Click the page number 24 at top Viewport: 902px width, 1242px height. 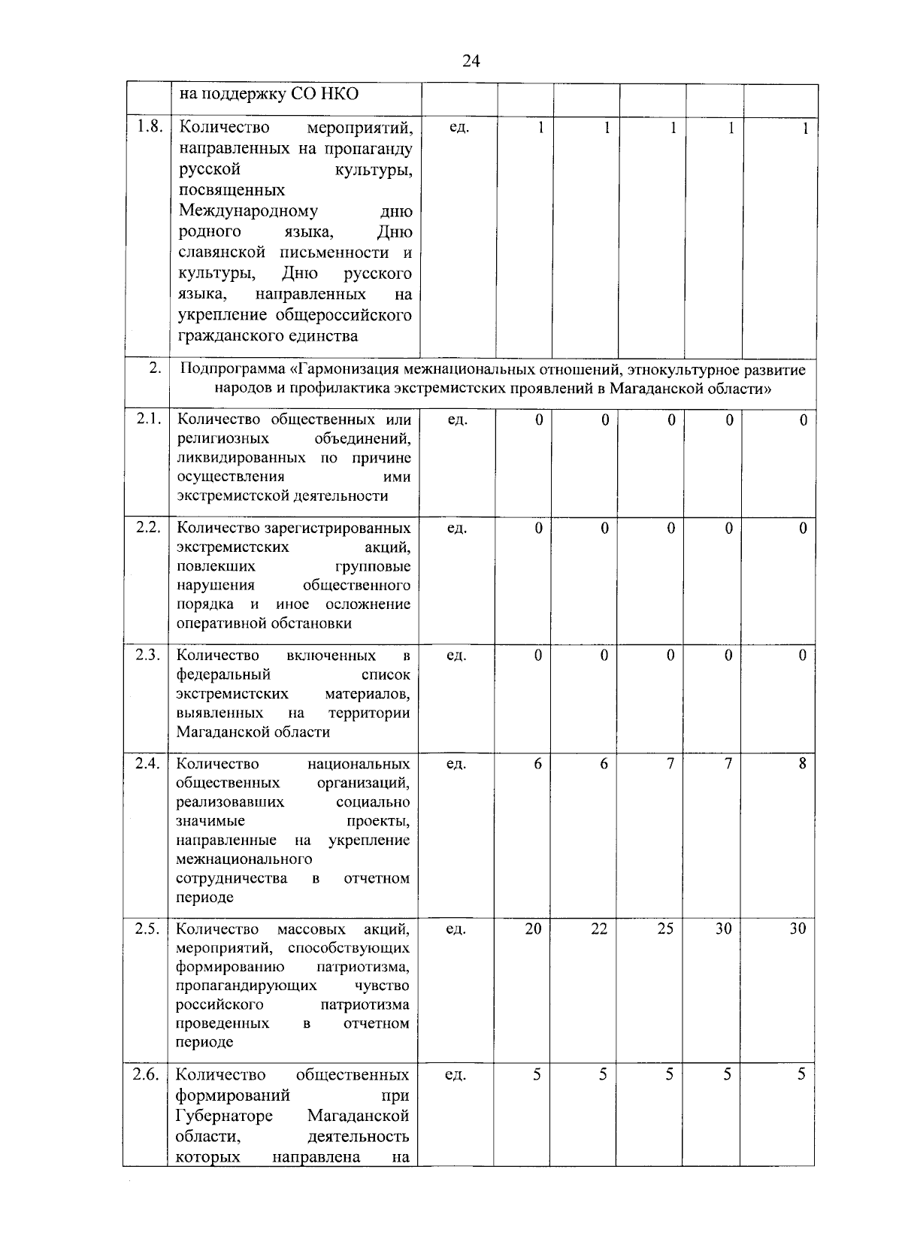coord(471,61)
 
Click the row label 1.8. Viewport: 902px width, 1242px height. coord(149,127)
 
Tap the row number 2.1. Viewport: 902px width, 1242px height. coord(149,420)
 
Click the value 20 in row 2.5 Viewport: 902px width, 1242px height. coord(533,928)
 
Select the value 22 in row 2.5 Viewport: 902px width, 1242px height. coord(599,928)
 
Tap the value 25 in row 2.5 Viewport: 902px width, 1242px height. coord(665,928)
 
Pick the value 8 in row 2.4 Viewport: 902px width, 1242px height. coord(803,763)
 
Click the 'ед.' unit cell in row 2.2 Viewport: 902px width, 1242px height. coord(457,529)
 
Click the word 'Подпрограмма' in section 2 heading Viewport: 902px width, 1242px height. coord(235,370)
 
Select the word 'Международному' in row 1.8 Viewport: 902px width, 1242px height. coord(248,211)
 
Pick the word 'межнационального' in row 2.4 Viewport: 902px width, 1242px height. coord(244,859)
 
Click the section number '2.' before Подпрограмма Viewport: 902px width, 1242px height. coord(155,368)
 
